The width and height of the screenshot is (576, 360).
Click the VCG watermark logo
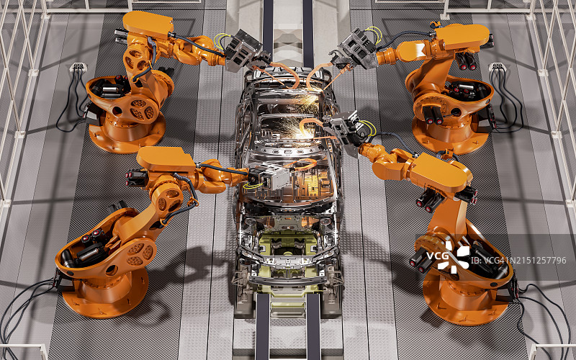448,257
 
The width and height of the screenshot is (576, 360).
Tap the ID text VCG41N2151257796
518,261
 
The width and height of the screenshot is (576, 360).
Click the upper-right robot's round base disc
451,135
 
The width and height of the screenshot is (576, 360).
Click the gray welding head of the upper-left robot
243,51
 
